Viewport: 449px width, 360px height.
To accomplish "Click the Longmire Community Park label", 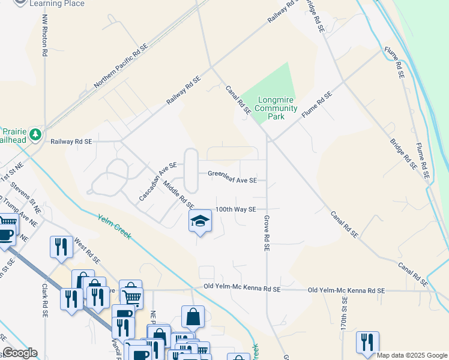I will pyautogui.click(x=276, y=108).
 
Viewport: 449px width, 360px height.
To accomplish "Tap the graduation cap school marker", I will pyautogui.click(x=200, y=221).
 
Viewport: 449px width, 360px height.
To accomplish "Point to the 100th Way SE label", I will pyautogui.click(x=237, y=209).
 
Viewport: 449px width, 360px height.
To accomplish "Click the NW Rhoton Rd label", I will pyautogui.click(x=44, y=35).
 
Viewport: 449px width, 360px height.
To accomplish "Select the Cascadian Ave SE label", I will pyautogui.click(x=157, y=181).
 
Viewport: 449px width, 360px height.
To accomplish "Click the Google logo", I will pyautogui.click(x=20, y=353).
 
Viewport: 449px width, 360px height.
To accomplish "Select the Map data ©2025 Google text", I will pyautogui.click(x=412, y=355).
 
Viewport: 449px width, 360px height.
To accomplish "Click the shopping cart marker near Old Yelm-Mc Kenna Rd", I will pyautogui.click(x=130, y=294).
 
